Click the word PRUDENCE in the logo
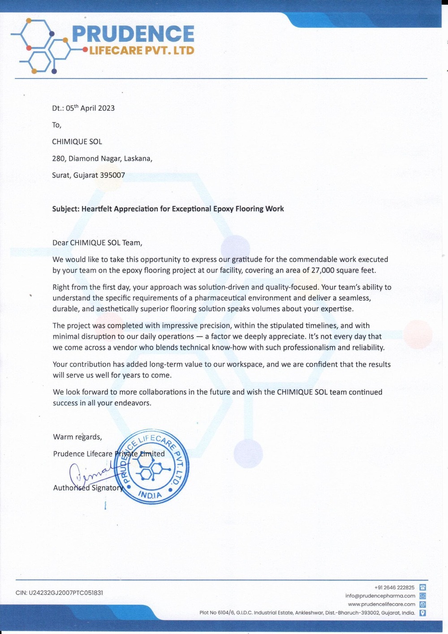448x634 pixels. pos(133,34)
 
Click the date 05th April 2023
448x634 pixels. pos(90,108)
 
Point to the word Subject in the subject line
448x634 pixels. pos(65,209)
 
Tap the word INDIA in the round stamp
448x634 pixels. pos(150,496)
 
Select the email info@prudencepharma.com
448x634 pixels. pos(380,596)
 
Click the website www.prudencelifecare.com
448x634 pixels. pos(382,604)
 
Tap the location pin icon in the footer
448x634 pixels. pos(422,613)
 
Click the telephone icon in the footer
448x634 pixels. pos(422,587)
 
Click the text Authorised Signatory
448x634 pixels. pos(88,488)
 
